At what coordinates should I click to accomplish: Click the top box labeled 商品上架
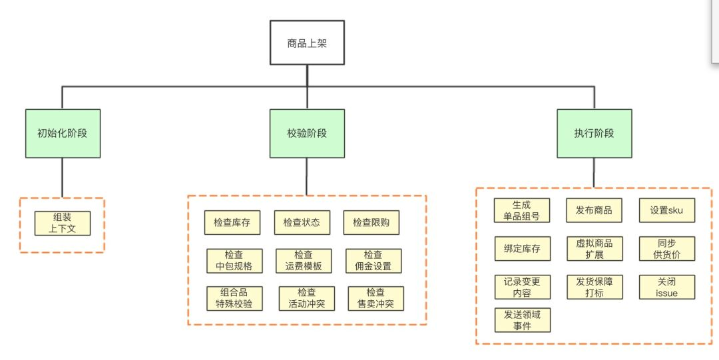click(307, 43)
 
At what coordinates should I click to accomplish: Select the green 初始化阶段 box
click(63, 134)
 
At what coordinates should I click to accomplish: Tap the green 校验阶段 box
click(307, 134)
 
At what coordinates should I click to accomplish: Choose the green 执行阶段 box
click(595, 134)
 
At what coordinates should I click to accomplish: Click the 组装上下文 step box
click(63, 224)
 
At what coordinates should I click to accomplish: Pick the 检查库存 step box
click(232, 223)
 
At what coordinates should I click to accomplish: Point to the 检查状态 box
click(302, 223)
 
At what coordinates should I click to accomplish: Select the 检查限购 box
click(371, 223)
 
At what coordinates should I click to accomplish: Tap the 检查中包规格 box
click(234, 261)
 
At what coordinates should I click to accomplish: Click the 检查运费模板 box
click(304, 261)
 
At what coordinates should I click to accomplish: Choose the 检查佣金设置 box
click(373, 261)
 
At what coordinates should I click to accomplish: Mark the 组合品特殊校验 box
click(234, 299)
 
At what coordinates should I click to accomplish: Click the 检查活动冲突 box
click(307, 299)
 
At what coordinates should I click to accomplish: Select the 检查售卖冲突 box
click(376, 299)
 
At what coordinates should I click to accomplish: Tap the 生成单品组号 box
click(522, 210)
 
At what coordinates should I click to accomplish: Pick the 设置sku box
click(667, 210)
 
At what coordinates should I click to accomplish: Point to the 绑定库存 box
click(523, 249)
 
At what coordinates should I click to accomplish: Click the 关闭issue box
click(667, 287)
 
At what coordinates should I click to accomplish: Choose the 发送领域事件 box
click(523, 320)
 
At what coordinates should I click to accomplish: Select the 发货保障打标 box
click(595, 287)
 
